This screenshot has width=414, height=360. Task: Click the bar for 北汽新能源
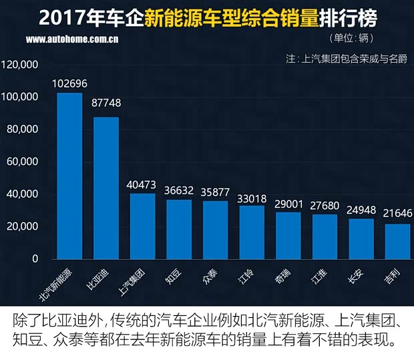click(69, 176)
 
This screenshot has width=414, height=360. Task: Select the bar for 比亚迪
click(106, 188)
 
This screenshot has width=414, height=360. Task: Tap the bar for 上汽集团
click(142, 226)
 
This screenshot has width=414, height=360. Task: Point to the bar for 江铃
click(252, 232)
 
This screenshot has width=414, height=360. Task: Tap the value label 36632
click(179, 191)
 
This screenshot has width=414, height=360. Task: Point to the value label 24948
click(361, 210)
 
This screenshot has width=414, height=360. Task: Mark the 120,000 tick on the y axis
click(21, 65)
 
